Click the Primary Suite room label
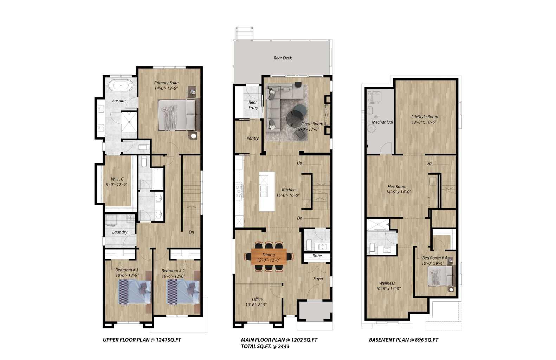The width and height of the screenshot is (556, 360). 166,83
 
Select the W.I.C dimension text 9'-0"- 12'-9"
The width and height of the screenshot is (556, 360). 116,184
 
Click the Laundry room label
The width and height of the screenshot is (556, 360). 119,232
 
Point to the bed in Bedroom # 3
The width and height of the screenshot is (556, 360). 134,291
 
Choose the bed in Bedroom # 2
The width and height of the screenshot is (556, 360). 182,291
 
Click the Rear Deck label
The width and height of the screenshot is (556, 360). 283,58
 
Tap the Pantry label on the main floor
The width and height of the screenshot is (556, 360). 252,138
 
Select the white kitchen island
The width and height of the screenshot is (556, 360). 267,191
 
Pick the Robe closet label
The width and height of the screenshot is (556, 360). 317,256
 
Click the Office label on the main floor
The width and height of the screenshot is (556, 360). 257,299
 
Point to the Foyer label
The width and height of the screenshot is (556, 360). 318,278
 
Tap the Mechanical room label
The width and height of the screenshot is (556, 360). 382,122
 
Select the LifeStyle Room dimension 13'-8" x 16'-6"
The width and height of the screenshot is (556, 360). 425,122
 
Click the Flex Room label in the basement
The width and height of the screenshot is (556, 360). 397,187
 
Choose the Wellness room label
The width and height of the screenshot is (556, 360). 387,283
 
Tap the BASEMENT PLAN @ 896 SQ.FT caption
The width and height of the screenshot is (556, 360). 403,340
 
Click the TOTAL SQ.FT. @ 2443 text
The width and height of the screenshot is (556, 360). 265,346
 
